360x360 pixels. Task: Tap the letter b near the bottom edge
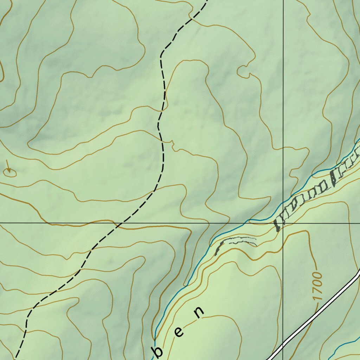pyautogui.click(x=159, y=351)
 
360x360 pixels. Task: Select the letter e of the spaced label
pyautogui.click(x=179, y=332)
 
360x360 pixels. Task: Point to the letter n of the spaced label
pyautogui.click(x=199, y=312)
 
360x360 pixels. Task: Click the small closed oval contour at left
pyautogui.click(x=9, y=172)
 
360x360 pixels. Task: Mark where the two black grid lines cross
pyautogui.click(x=283, y=223)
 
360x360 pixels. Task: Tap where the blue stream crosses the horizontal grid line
pyautogui.click(x=244, y=223)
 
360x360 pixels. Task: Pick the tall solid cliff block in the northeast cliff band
pyautogui.click(x=333, y=178)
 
